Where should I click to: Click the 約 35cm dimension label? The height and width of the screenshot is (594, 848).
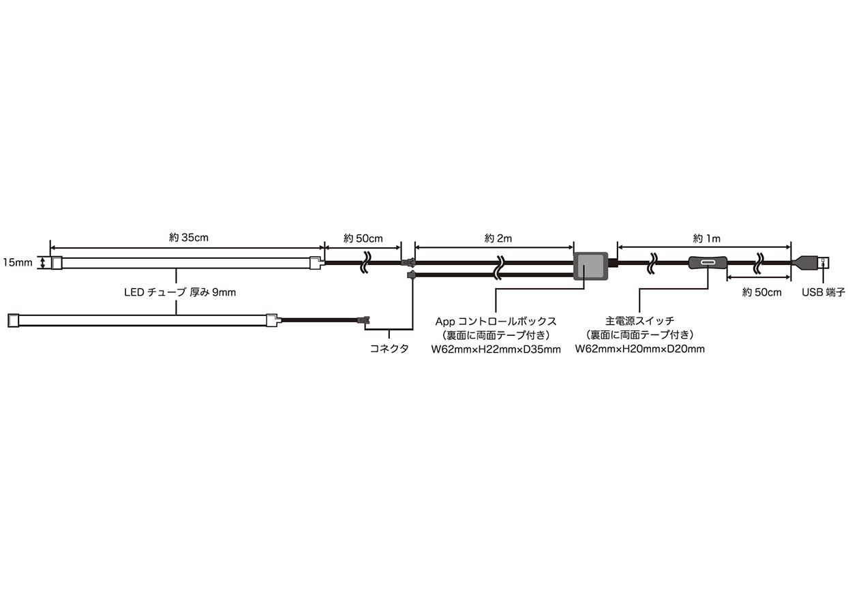189,238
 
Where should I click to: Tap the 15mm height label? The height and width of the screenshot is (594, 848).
18,262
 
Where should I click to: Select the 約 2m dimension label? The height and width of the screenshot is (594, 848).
498,238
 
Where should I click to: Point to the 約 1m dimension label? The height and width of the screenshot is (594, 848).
706,238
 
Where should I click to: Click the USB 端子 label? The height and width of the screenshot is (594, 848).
823,292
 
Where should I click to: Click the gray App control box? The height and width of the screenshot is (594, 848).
590,266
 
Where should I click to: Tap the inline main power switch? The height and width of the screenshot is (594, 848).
708,262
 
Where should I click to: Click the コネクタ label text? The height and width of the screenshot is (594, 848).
389,349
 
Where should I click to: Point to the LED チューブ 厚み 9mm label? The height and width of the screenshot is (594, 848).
180,292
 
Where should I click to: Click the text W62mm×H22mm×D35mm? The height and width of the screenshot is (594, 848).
496,349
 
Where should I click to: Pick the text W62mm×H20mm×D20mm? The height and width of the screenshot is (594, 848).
640,349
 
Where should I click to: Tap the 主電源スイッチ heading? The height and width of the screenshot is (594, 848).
640,321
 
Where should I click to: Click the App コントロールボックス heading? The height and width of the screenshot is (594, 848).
496,322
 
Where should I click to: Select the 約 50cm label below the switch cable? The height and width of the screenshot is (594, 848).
761,292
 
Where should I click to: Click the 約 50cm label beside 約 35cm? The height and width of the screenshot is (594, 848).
363,238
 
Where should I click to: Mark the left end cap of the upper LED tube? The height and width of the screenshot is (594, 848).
57,263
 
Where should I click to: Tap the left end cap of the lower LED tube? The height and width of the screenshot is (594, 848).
14,320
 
